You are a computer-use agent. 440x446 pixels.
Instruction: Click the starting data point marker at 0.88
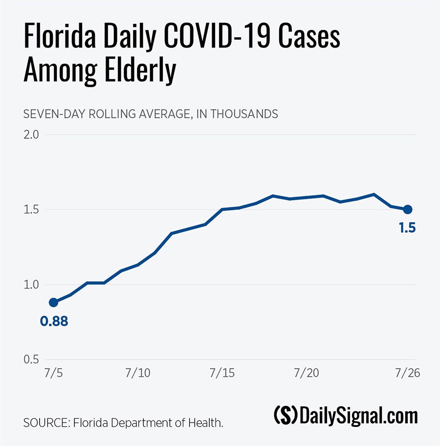(53, 302)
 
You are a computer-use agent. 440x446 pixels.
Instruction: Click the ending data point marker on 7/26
(407, 209)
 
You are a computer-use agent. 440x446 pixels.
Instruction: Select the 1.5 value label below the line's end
(407, 227)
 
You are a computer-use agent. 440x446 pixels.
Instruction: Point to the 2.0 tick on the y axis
(32, 134)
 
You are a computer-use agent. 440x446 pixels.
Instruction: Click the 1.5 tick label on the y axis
(32, 210)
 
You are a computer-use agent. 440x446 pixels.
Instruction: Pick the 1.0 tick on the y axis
(32, 285)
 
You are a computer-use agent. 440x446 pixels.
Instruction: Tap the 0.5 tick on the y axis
(32, 359)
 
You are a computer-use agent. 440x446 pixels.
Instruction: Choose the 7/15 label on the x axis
(222, 373)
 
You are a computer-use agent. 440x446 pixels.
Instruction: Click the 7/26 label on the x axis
(407, 373)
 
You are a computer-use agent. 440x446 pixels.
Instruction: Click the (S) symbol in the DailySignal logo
(285, 416)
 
